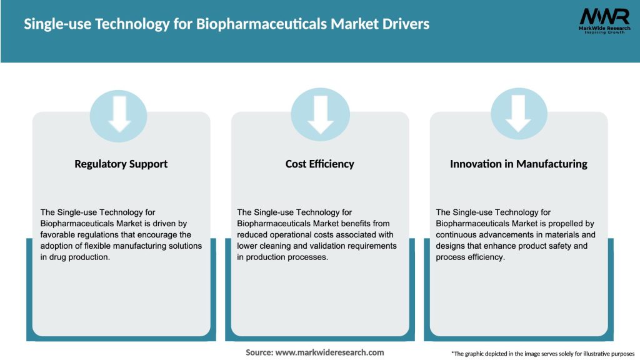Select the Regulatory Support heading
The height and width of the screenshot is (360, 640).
point(121,164)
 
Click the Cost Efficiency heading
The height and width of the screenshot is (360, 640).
point(319,164)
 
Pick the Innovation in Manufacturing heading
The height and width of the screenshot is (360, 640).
point(518,164)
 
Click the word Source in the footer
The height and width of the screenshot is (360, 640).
point(258,352)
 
